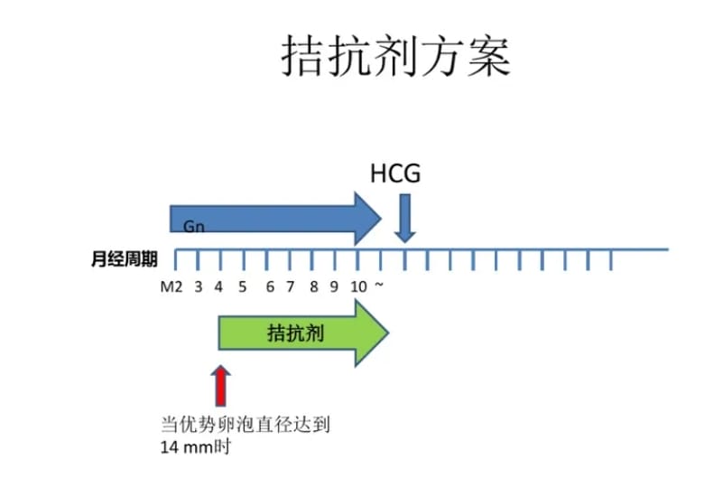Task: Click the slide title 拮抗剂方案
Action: [x=397, y=56]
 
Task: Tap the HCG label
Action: [x=395, y=173]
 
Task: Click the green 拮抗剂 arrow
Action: [x=303, y=333]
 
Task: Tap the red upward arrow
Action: [x=219, y=385]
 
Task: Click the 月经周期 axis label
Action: [x=125, y=259]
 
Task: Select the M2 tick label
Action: [x=171, y=287]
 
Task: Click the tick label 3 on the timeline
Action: [x=198, y=287]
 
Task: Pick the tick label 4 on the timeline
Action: [x=218, y=287]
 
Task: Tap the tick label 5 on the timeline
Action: [x=242, y=287]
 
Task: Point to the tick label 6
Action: [x=270, y=287]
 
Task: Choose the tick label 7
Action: [x=291, y=287]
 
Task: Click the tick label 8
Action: [x=314, y=287]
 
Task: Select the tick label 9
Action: [x=334, y=287]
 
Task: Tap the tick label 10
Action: [x=358, y=287]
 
